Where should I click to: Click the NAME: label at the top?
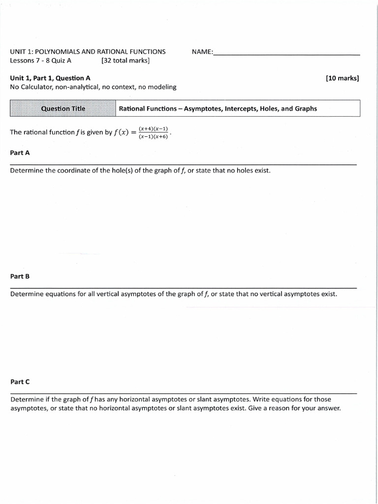tap(202, 52)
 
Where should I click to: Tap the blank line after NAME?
tap(286, 53)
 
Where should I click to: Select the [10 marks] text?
tap(342, 78)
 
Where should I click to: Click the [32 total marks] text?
tap(126, 61)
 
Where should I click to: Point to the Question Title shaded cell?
tap(63, 109)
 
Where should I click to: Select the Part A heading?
tap(20, 153)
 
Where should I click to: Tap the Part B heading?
tap(20, 277)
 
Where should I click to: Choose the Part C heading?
tap(20, 382)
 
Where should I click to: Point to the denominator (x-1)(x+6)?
tap(153, 136)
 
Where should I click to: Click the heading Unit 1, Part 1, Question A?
tap(50, 78)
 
